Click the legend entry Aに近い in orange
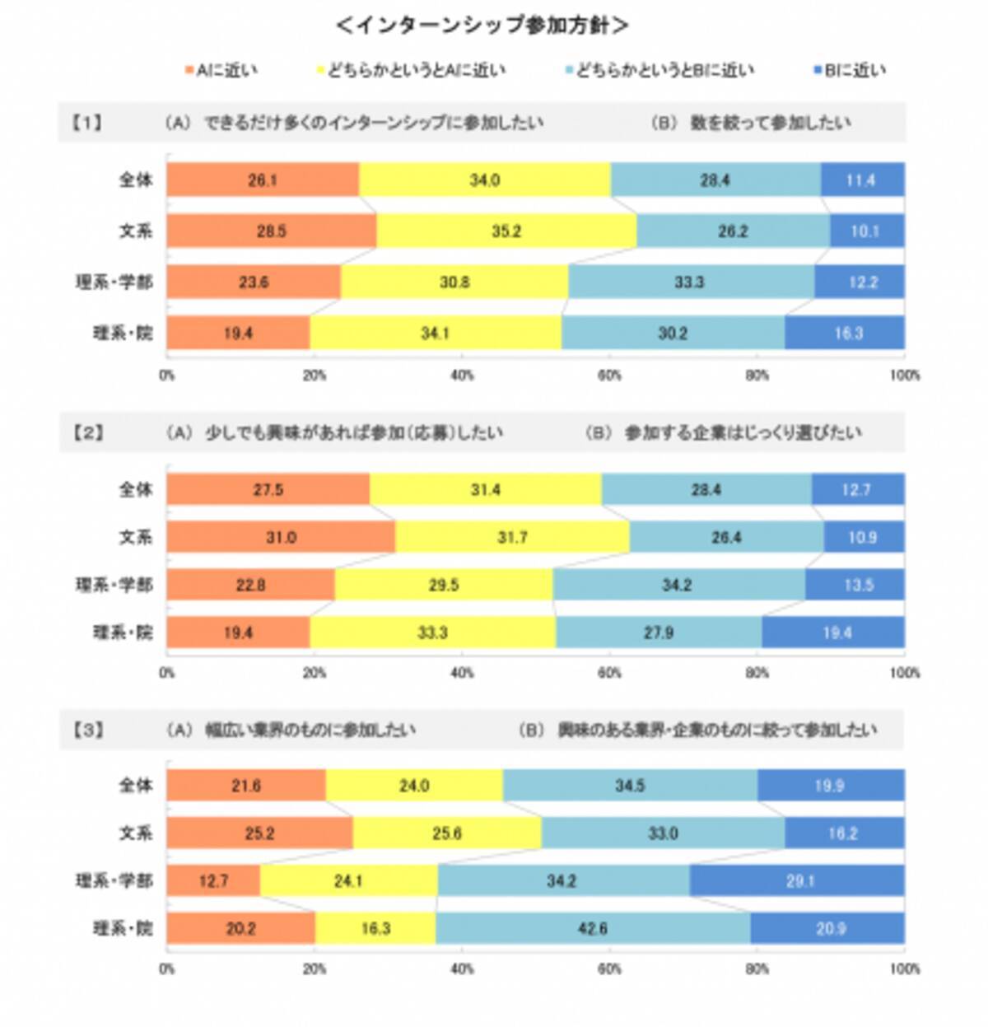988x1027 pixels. pyautogui.click(x=222, y=71)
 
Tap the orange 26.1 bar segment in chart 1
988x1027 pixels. pyautogui.click(x=263, y=180)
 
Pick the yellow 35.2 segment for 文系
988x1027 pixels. pyautogui.click(x=506, y=231)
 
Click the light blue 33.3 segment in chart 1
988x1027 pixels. pyautogui.click(x=690, y=282)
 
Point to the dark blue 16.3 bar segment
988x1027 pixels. pyautogui.click(x=844, y=333)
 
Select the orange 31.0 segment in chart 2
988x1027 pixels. pyautogui.click(x=281, y=537)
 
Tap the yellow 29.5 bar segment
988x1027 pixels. pyautogui.click(x=444, y=585)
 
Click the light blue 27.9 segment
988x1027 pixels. pyautogui.click(x=659, y=633)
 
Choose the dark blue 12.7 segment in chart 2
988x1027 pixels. pyautogui.click(x=857, y=489)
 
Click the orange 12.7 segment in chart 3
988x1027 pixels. pyautogui.click(x=213, y=880)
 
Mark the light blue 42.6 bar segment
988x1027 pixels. pyautogui.click(x=593, y=928)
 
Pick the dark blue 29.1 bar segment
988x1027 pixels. pyautogui.click(x=797, y=880)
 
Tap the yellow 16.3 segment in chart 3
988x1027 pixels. pyautogui.click(x=375, y=928)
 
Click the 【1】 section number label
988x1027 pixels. pyautogui.click(x=86, y=123)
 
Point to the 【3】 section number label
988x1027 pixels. pyautogui.click(x=86, y=730)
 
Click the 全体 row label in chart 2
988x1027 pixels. pyautogui.click(x=136, y=489)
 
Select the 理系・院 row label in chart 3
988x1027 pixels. pyautogui.click(x=123, y=928)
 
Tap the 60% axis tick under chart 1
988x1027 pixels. pyautogui.click(x=609, y=376)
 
